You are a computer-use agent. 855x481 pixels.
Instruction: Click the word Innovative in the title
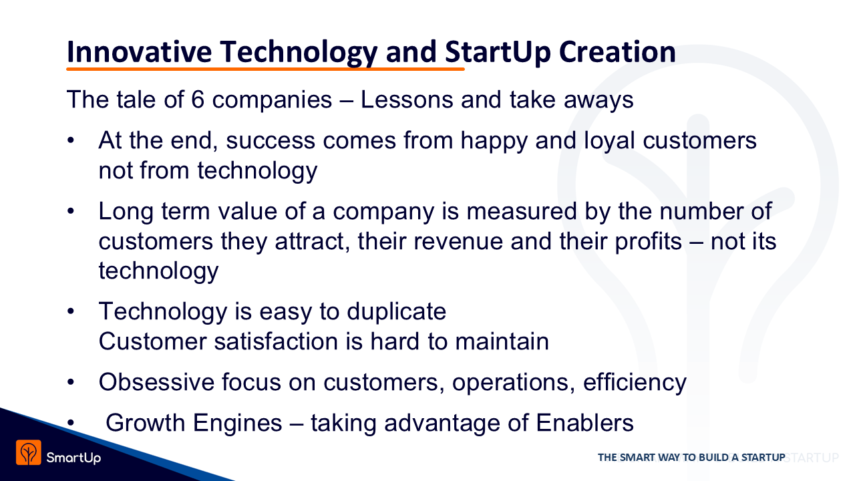click(139, 52)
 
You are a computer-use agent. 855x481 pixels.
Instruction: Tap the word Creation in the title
click(618, 52)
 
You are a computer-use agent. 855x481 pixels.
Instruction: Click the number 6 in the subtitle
click(198, 100)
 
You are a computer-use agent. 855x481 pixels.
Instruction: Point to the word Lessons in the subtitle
click(407, 100)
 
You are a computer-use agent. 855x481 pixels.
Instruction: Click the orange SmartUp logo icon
click(29, 452)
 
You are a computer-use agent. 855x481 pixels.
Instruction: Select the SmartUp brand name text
click(73, 458)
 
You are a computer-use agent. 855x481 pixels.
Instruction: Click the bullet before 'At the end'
click(70, 140)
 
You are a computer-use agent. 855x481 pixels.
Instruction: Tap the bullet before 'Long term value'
click(70, 211)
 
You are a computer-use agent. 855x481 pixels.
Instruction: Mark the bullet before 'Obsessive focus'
click(70, 382)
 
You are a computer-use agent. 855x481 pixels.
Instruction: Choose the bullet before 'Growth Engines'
click(70, 423)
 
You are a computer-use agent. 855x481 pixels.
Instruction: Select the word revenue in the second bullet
click(458, 242)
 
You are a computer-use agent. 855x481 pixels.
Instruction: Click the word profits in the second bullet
click(648, 243)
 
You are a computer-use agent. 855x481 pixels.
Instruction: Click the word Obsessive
click(156, 382)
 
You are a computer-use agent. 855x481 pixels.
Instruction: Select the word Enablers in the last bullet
click(584, 423)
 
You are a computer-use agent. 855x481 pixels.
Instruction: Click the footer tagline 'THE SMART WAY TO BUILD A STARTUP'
click(691, 458)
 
